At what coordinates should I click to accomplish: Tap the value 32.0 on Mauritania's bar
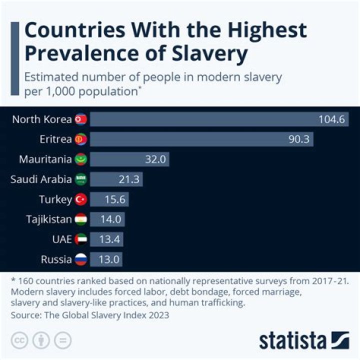(155, 159)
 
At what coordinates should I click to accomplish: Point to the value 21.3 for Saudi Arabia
(129, 179)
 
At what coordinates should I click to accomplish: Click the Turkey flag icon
(80, 199)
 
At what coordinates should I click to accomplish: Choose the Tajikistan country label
(48, 219)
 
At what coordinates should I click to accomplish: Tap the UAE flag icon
(80, 239)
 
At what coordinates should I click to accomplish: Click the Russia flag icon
(80, 259)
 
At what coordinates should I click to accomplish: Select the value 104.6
(332, 119)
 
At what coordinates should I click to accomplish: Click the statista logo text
(292, 341)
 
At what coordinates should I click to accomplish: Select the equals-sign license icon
(62, 340)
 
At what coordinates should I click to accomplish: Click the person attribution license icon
(40, 340)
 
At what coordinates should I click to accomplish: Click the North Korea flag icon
(80, 119)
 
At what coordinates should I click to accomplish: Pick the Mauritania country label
(45, 159)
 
